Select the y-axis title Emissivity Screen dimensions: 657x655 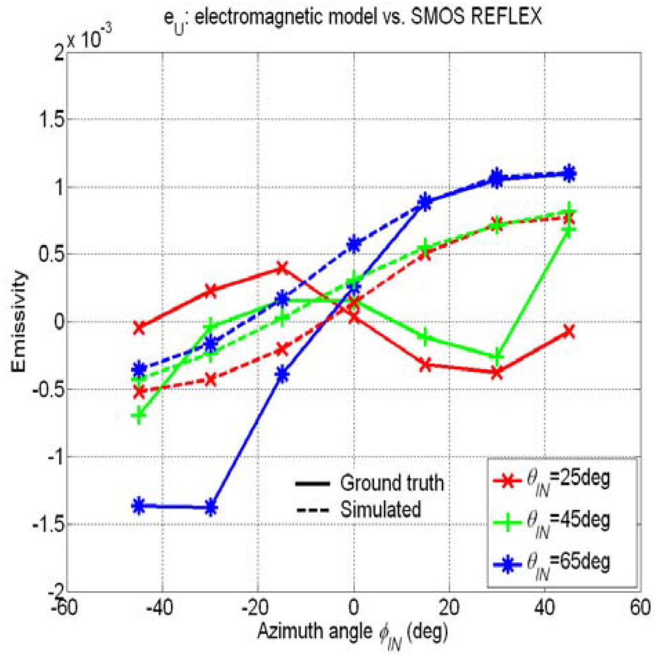coord(23,322)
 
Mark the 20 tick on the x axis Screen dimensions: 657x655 coord(448,605)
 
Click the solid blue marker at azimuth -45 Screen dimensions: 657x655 coord(138,506)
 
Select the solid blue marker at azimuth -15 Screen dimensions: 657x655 coord(282,375)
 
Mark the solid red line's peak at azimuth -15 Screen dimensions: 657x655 coord(282,269)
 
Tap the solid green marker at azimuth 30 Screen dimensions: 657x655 coord(496,357)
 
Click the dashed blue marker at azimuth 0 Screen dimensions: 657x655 coord(354,244)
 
